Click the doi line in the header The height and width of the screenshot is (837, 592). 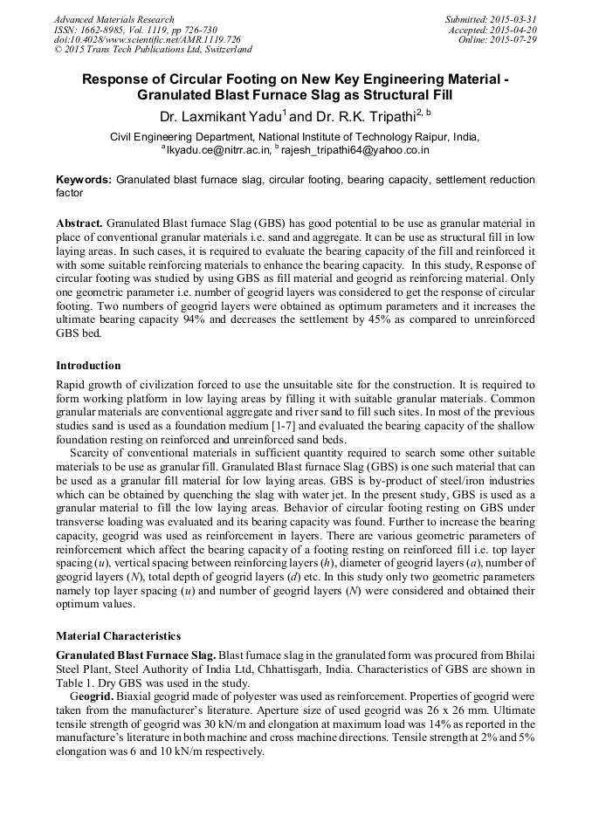[x=148, y=40]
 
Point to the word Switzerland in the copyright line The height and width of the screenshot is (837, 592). [x=224, y=51]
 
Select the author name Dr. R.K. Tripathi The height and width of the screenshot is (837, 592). [x=361, y=116]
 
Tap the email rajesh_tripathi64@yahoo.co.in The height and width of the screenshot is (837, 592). [x=355, y=150]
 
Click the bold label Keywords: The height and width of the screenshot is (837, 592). [x=84, y=180]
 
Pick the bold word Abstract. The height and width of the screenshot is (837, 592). [x=80, y=224]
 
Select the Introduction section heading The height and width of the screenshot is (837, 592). [x=88, y=365]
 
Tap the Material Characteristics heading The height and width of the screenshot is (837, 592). [x=118, y=635]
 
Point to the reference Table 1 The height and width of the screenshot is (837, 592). [x=75, y=682]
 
